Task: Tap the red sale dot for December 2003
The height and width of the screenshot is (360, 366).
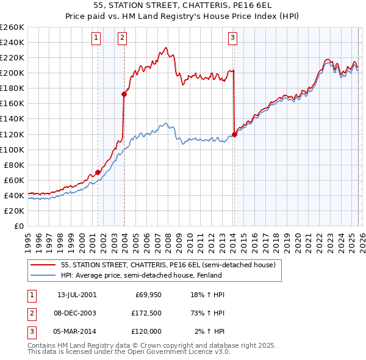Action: click(124, 94)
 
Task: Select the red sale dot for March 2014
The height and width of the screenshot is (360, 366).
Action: click(234, 134)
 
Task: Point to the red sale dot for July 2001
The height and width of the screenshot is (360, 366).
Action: click(98, 172)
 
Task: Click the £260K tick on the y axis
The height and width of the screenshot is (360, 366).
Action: click(12, 27)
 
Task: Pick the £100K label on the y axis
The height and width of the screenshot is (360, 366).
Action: click(12, 149)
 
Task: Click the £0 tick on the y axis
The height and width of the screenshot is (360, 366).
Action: click(18, 226)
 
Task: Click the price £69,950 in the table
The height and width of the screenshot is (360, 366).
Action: click(146, 295)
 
